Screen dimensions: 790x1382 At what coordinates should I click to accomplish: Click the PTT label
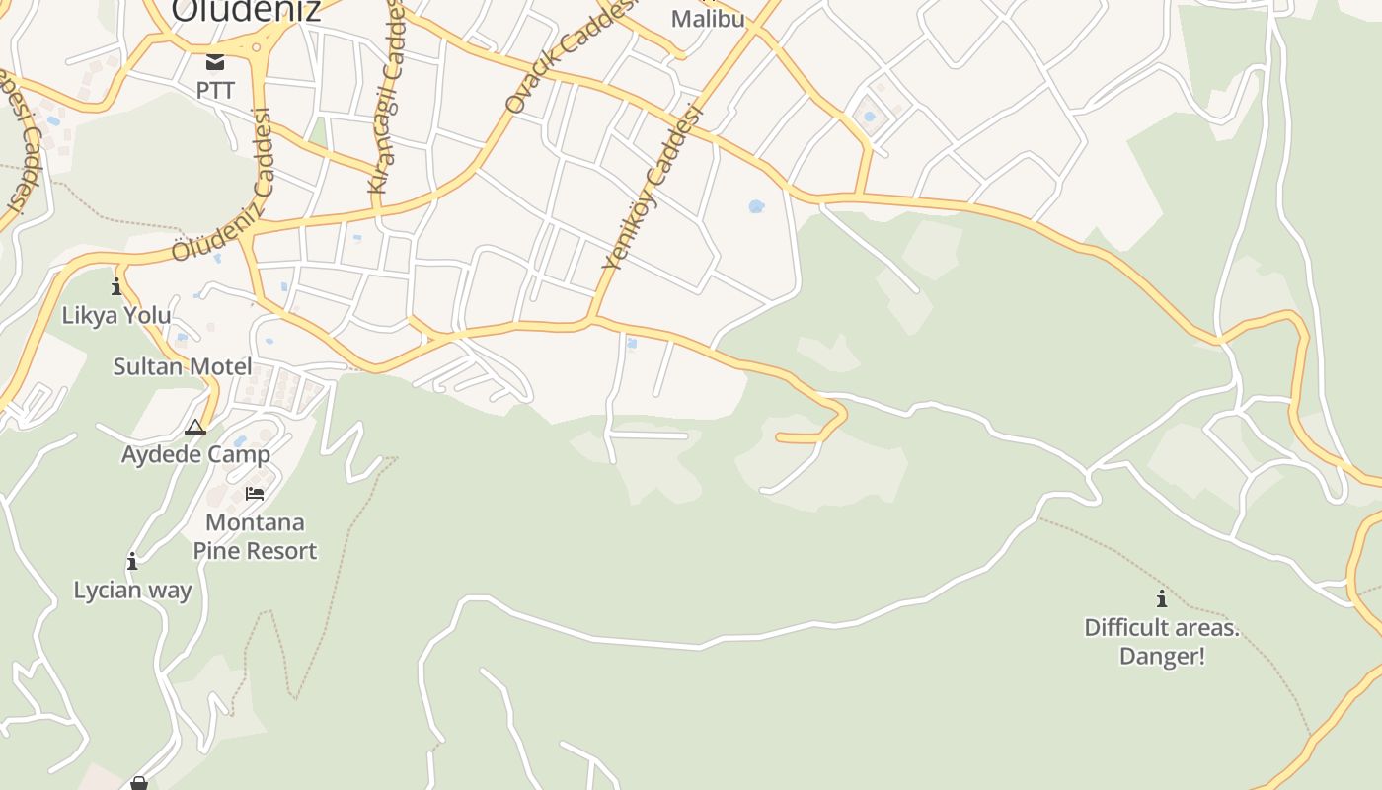click(215, 91)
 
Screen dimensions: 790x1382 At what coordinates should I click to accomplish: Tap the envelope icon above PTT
click(215, 62)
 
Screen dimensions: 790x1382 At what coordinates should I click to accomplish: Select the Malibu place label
click(708, 19)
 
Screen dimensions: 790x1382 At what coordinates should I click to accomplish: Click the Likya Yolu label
click(116, 316)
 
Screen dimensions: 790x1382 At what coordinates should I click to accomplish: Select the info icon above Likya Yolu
click(116, 287)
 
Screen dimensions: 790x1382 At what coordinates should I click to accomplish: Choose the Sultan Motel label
click(183, 367)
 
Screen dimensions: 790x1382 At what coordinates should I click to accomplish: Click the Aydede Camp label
click(195, 455)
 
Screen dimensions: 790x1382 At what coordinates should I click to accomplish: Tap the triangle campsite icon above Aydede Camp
click(195, 427)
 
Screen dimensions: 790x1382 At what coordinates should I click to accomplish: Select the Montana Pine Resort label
click(255, 536)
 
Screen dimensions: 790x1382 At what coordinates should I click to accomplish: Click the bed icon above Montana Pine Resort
click(255, 493)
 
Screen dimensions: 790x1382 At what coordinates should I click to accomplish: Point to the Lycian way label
click(132, 591)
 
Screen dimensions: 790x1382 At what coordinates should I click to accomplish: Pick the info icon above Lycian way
click(132, 561)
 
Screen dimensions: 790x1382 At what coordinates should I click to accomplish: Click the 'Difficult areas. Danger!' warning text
click(1162, 641)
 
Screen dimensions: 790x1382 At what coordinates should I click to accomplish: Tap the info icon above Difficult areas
click(1162, 598)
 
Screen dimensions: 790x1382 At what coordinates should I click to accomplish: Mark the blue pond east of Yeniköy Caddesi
click(756, 206)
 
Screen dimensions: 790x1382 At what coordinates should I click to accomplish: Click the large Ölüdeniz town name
click(246, 10)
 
